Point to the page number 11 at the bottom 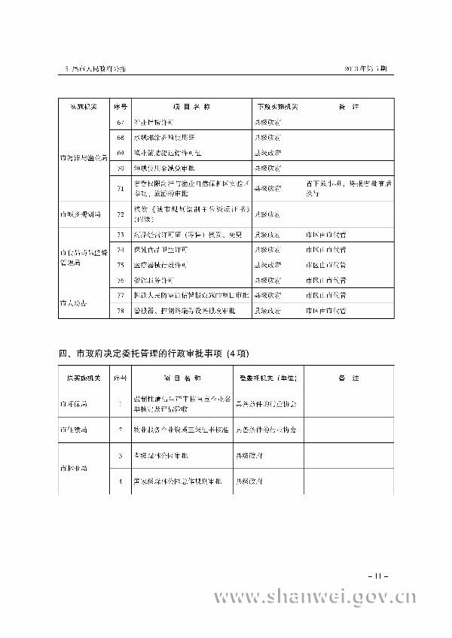coord(380,575)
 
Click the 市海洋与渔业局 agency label coord(83,158)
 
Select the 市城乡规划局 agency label coord(81,214)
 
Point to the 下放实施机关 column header coord(274,106)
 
